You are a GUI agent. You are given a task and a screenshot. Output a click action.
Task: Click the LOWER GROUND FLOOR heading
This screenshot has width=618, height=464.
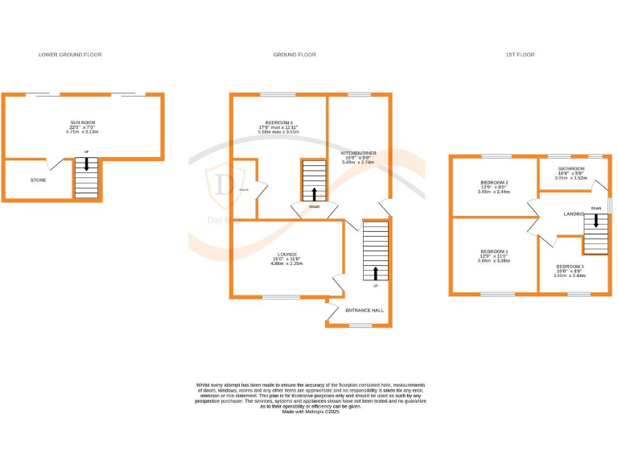point(70,55)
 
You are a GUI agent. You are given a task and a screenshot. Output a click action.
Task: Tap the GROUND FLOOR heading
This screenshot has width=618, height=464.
point(295,55)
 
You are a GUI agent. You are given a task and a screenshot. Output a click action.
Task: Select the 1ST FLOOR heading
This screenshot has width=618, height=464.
point(520,55)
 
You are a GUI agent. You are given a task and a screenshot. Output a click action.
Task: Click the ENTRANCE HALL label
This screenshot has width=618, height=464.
point(365,310)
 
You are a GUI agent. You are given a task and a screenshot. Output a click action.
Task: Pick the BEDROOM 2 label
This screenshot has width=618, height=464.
point(492,183)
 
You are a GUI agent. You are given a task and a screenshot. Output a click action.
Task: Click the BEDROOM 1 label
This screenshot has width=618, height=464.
point(492,251)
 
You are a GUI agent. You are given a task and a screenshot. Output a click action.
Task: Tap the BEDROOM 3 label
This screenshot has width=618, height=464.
point(570,267)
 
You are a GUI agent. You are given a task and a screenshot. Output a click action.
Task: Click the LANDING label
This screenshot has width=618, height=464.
point(575,213)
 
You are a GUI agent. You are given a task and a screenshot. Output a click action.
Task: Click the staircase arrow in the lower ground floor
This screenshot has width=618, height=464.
point(86,165)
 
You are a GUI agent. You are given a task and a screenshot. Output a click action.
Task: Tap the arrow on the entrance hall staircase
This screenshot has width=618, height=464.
point(375,272)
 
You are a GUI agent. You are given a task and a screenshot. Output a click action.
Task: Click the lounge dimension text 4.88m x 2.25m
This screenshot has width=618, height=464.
point(286,263)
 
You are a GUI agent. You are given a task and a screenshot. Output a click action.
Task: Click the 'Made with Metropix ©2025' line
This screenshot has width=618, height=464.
point(311,411)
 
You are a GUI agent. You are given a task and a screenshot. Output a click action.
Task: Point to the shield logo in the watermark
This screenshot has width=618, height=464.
point(223,184)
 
